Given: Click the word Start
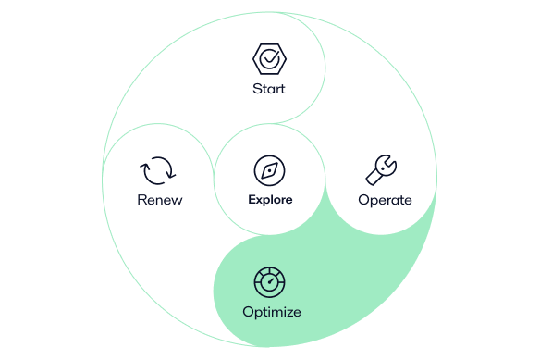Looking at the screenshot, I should tap(269, 89).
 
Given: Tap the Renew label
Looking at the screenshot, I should tap(160, 199).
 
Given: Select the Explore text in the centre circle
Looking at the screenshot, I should tap(270, 199).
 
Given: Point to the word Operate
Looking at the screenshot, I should tap(384, 199).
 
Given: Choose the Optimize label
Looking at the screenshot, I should tap(271, 311).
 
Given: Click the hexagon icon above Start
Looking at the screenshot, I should tap(269, 60).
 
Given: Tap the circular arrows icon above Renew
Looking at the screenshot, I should tap(158, 171).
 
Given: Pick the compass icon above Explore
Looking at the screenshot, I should tap(269, 170).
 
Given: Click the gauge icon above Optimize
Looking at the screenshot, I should tap(271, 281).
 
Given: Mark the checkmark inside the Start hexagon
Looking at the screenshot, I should tap(269, 60).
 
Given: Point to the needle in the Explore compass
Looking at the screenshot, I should tap(269, 170).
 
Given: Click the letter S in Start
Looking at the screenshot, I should tap(256, 89).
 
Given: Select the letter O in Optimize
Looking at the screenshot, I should tap(247, 311).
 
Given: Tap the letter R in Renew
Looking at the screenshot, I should tap(141, 199).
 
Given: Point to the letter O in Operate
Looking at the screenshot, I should tap(362, 199).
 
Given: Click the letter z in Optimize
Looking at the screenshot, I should tap(288, 311).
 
